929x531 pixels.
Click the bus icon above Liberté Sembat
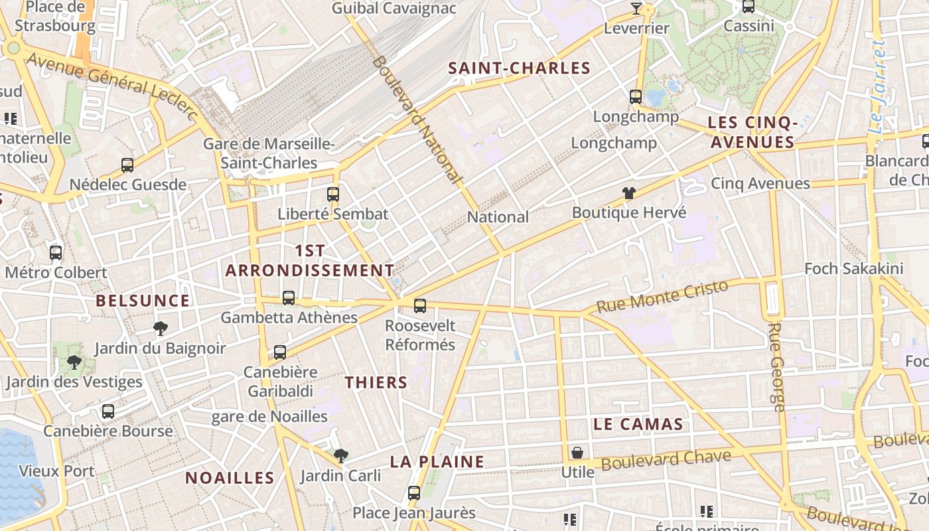333,194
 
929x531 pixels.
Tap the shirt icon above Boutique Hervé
628,193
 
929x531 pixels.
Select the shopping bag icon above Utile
577,453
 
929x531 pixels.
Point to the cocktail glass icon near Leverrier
636,9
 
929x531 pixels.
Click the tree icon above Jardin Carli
341,455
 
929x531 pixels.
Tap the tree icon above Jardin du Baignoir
160,328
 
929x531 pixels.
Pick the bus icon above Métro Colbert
56,252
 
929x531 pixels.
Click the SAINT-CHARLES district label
519,68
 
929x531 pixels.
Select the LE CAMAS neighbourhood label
638,424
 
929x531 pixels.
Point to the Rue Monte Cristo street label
662,297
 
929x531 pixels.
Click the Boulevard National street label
416,119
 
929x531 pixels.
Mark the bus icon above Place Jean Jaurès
414,493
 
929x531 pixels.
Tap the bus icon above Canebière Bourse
108,412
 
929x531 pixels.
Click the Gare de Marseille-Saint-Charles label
269,153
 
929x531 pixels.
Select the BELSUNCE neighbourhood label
143,301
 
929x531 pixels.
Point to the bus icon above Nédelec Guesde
127,165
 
